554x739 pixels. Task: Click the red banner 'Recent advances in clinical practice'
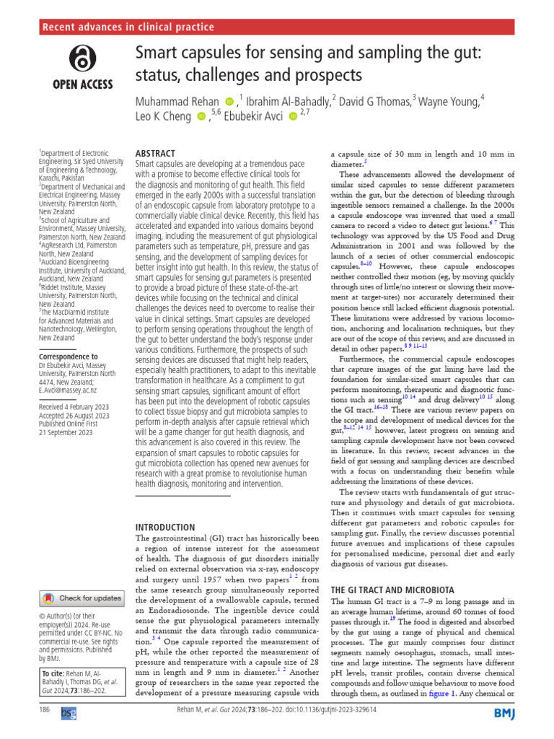coord(130,27)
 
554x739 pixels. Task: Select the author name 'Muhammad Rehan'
coord(177,101)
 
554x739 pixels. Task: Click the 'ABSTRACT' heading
coord(156,154)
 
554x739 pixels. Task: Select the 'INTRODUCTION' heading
coord(166,527)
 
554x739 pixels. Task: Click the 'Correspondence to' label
coord(69,357)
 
